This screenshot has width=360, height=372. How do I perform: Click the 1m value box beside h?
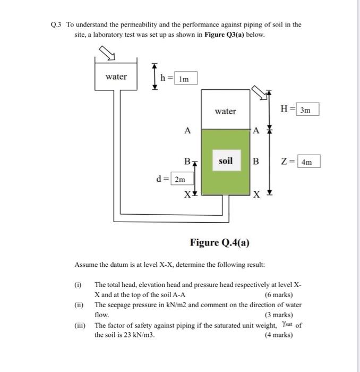pyautogui.click(x=185, y=78)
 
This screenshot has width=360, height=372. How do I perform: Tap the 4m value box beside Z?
pyautogui.click(x=308, y=161)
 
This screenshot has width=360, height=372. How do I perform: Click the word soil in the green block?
pyautogui.click(x=226, y=160)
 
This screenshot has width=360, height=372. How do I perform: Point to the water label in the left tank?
pyautogui.click(x=116, y=77)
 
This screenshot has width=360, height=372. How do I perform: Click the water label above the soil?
pyautogui.click(x=226, y=111)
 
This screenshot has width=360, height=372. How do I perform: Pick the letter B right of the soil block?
pyautogui.click(x=255, y=161)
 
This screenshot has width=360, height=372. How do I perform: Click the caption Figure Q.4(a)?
pyautogui.click(x=220, y=243)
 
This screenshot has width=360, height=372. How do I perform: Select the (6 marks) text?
pyautogui.click(x=278, y=295)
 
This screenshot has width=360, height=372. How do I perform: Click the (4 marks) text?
pyautogui.click(x=278, y=335)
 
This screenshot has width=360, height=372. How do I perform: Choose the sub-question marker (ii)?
pyautogui.click(x=79, y=305)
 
